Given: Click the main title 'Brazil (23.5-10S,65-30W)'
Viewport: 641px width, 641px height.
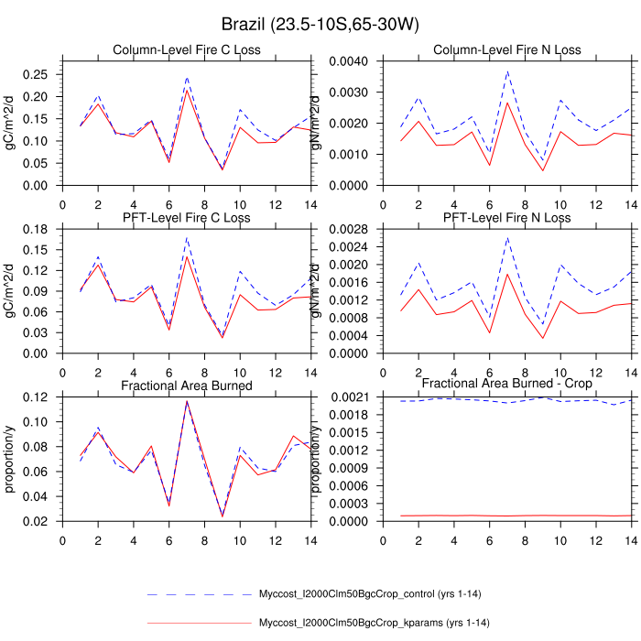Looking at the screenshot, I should pyautogui.click(x=320, y=23).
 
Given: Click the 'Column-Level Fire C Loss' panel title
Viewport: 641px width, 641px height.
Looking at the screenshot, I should pyautogui.click(x=186, y=49).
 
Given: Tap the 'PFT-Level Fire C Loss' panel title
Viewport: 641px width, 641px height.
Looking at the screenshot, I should pyautogui.click(x=187, y=217).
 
